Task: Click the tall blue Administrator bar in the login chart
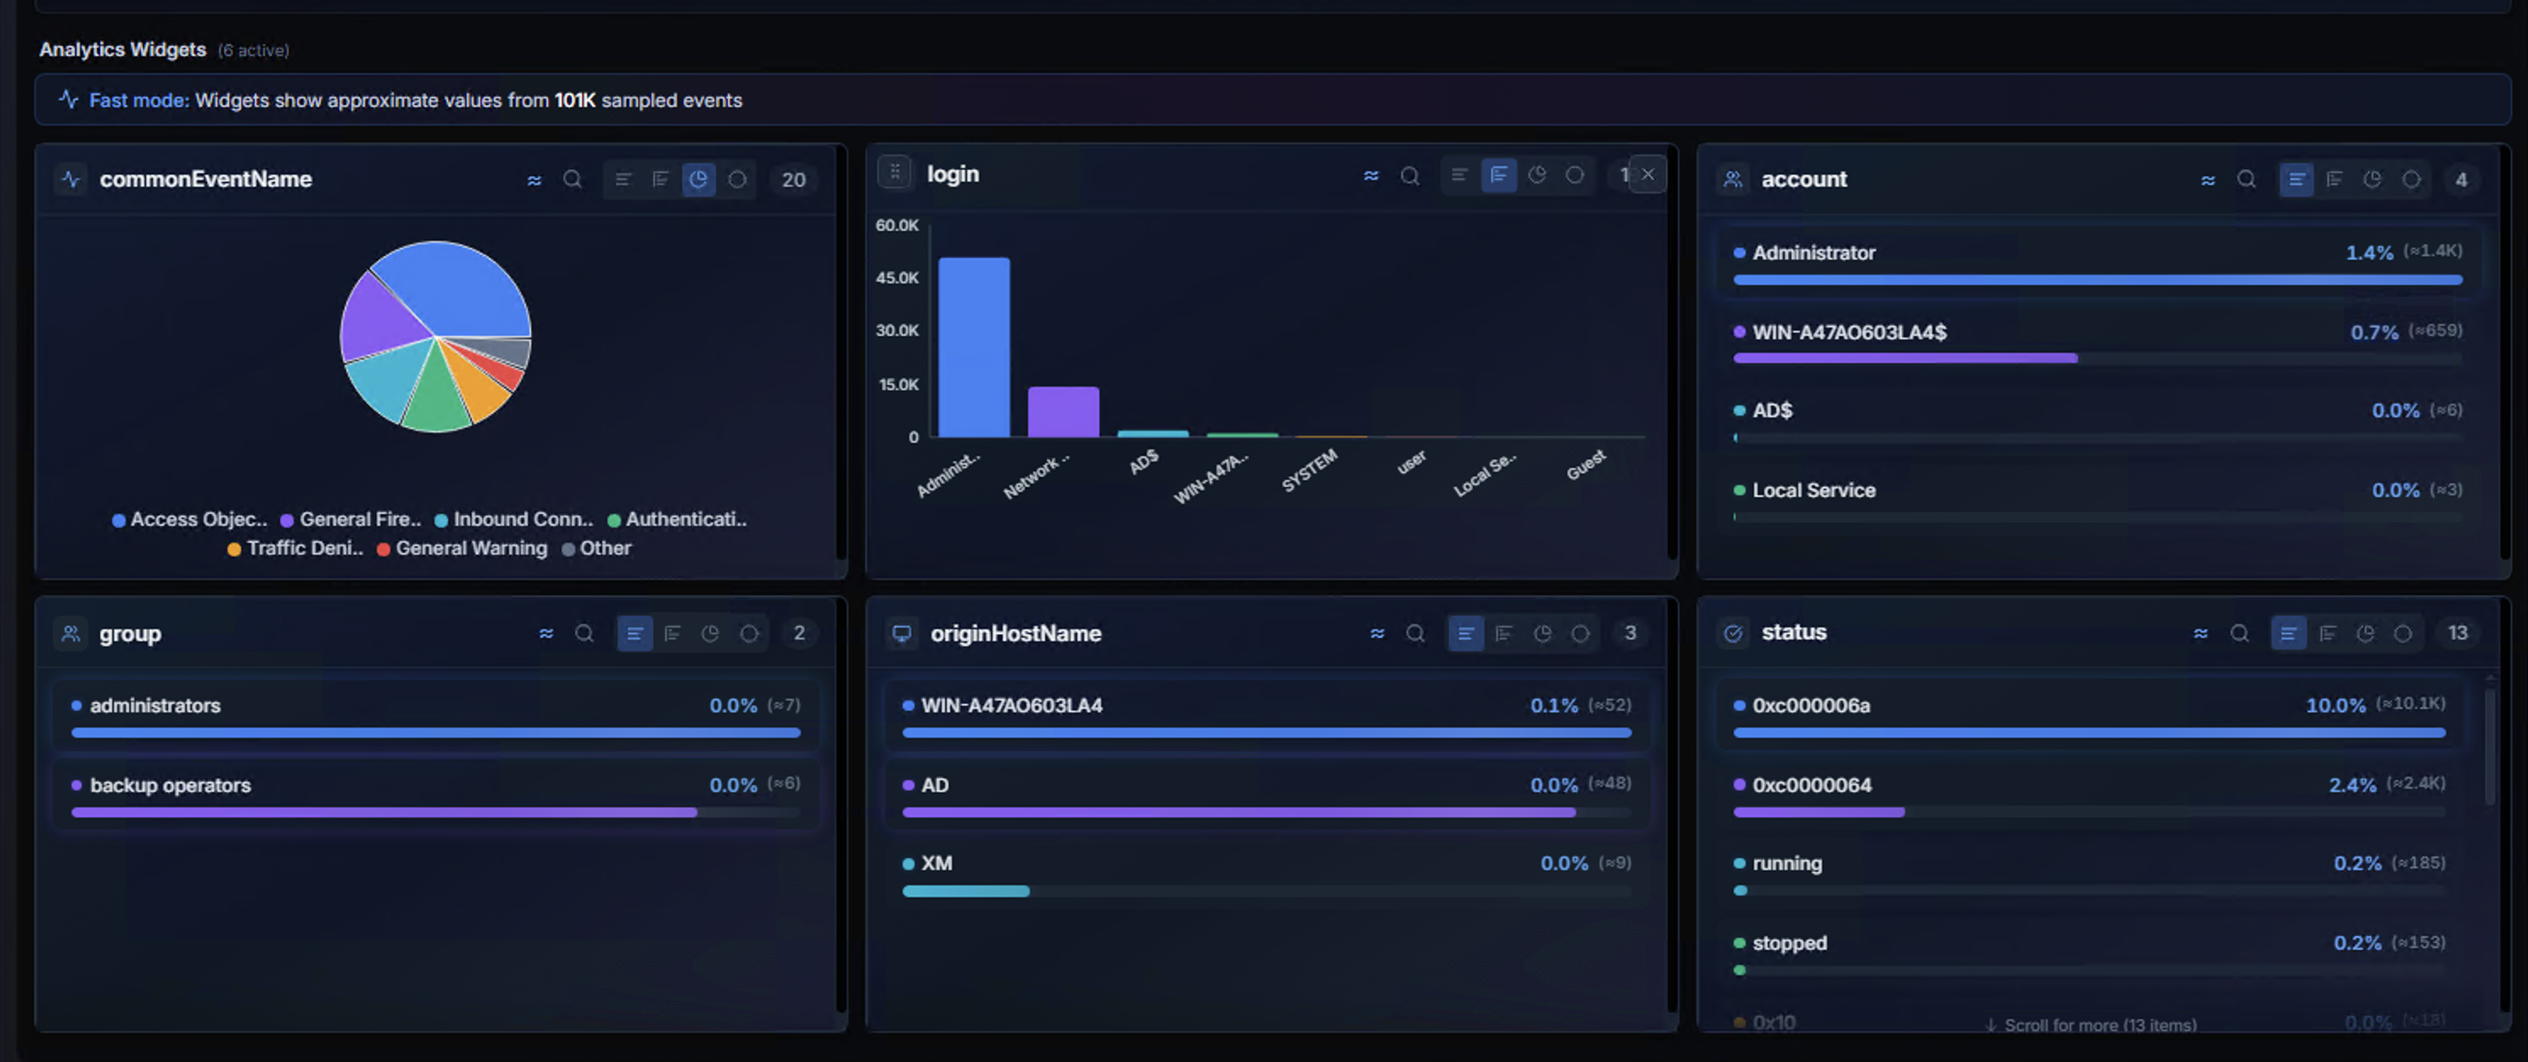(974, 349)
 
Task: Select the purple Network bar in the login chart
(1063, 412)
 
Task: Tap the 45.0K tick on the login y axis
(897, 277)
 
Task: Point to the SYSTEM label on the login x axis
(1310, 470)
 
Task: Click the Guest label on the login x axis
(1586, 464)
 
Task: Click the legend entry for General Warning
(470, 549)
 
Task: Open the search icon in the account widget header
(2246, 180)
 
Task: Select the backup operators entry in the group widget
(170, 785)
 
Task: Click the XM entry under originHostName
(937, 864)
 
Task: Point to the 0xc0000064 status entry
(1812, 785)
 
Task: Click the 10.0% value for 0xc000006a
(2335, 706)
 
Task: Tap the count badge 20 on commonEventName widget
(793, 180)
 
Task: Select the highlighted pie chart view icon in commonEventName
(698, 180)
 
